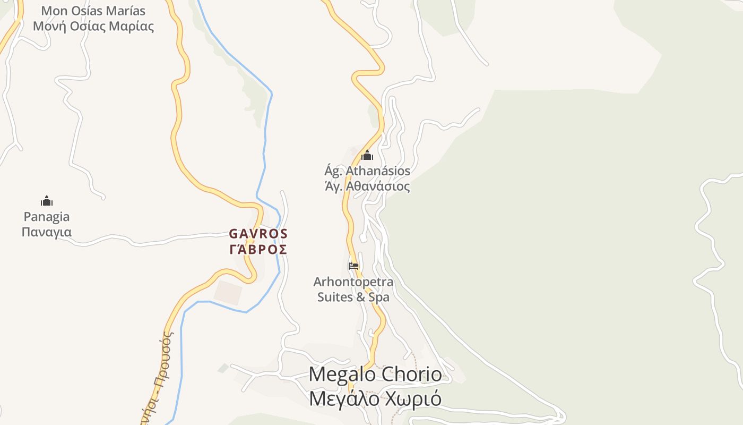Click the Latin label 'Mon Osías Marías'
(93, 11)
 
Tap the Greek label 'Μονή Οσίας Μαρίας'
(93, 26)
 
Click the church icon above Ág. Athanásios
(367, 156)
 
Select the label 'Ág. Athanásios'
(367, 171)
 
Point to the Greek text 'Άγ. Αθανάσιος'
(367, 186)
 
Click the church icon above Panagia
(47, 201)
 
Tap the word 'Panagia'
(47, 217)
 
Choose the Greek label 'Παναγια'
(47, 232)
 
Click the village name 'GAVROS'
(258, 234)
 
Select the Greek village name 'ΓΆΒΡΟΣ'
(258, 249)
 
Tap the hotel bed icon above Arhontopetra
(353, 266)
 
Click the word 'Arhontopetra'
(353, 282)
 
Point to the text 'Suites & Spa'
(353, 297)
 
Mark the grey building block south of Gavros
(228, 292)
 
